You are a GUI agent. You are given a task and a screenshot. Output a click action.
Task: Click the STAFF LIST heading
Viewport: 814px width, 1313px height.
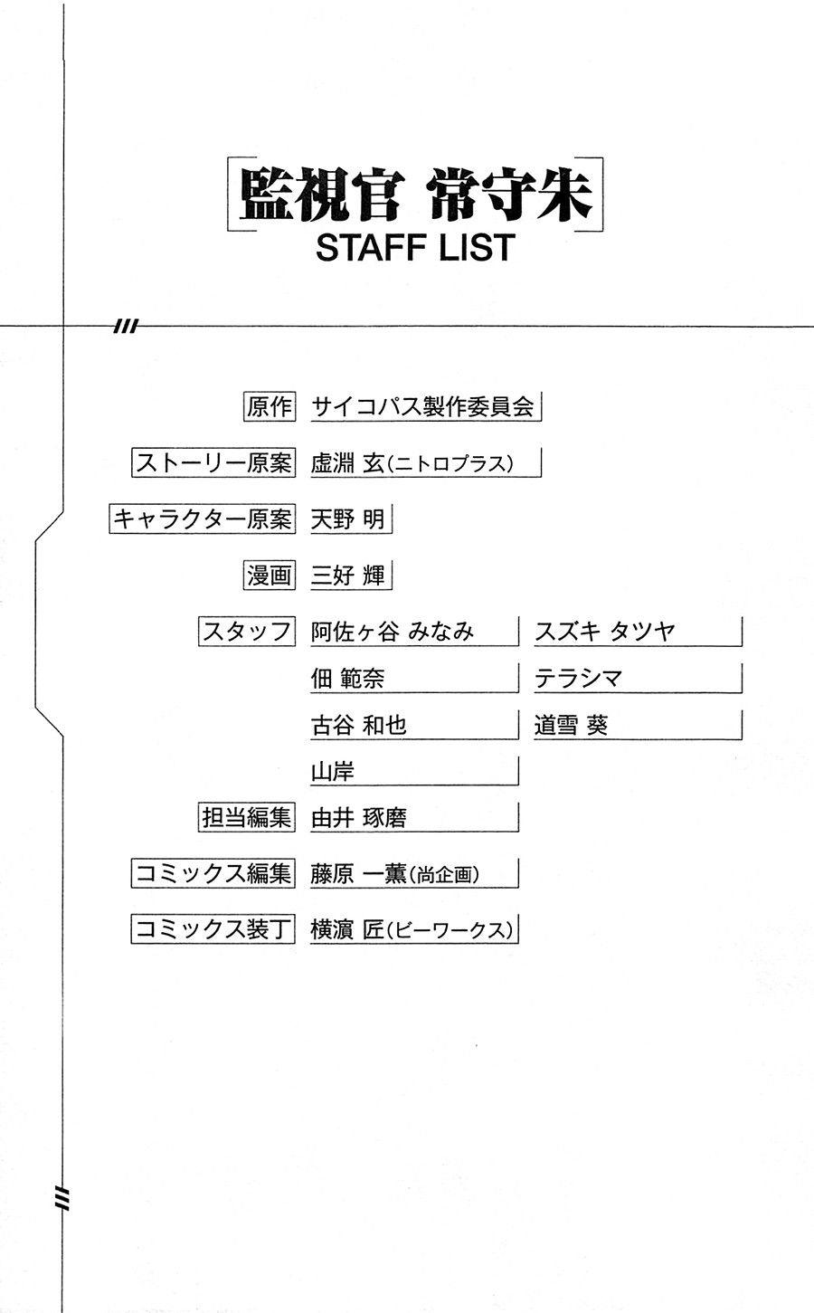tap(415, 247)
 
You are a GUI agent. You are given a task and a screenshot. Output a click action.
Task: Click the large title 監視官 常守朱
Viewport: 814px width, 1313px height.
tap(415, 195)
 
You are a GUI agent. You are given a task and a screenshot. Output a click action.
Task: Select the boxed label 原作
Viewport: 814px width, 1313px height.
tap(270, 406)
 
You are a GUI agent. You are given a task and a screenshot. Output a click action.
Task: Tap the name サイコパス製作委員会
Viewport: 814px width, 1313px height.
tap(422, 406)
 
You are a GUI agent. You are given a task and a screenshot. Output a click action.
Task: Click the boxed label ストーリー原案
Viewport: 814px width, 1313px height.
tap(213, 462)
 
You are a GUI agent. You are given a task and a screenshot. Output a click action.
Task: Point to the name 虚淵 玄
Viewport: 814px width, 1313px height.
tap(347, 463)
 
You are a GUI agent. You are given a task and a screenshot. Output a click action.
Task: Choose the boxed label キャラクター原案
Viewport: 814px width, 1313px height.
tap(203, 519)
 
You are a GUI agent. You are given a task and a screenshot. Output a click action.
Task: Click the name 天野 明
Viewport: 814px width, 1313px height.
tap(347, 519)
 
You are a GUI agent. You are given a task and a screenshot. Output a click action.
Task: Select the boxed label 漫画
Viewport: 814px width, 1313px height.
tap(270, 575)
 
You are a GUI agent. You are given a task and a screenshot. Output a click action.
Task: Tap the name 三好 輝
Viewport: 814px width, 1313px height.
tap(347, 575)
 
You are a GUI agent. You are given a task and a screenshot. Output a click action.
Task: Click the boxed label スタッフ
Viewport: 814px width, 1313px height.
tap(247, 632)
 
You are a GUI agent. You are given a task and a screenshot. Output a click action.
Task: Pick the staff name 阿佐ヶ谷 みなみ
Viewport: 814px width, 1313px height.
tap(392, 632)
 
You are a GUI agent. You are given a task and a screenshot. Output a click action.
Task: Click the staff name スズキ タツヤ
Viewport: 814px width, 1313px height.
tap(605, 632)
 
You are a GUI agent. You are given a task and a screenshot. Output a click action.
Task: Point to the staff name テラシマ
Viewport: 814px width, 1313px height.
tap(578, 678)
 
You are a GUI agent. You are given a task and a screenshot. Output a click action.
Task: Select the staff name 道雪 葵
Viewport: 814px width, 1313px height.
tap(571, 725)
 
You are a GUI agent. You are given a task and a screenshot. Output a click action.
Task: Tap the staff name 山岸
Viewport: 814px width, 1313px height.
tap(332, 771)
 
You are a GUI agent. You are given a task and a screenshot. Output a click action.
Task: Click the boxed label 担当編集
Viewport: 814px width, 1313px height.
tap(247, 817)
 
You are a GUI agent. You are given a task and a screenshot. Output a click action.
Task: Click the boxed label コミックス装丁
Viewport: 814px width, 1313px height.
tap(213, 929)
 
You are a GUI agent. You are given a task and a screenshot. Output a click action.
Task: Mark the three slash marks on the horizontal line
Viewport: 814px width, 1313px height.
tap(127, 326)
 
